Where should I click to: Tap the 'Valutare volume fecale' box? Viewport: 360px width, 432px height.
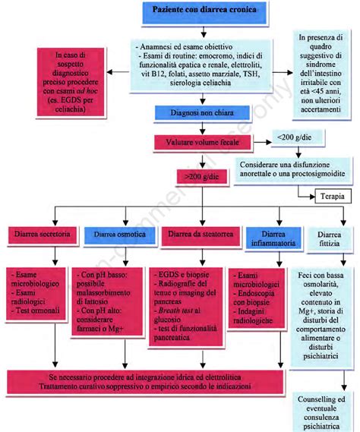(199, 142)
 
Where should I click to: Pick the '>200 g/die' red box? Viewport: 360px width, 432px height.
(199, 177)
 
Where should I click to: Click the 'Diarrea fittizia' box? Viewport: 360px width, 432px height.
(324, 238)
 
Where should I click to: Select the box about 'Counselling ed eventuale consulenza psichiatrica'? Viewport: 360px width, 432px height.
(324, 409)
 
